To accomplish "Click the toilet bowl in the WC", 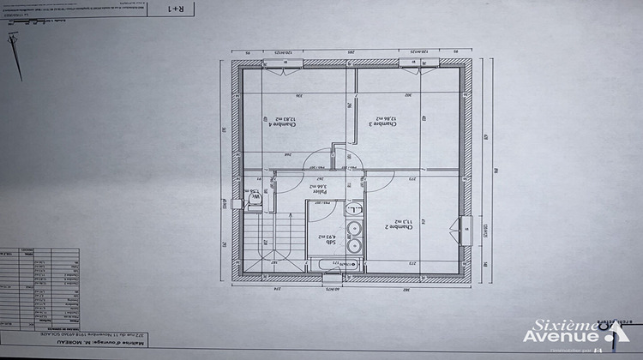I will [255, 201].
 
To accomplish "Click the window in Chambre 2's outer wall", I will [465, 230].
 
